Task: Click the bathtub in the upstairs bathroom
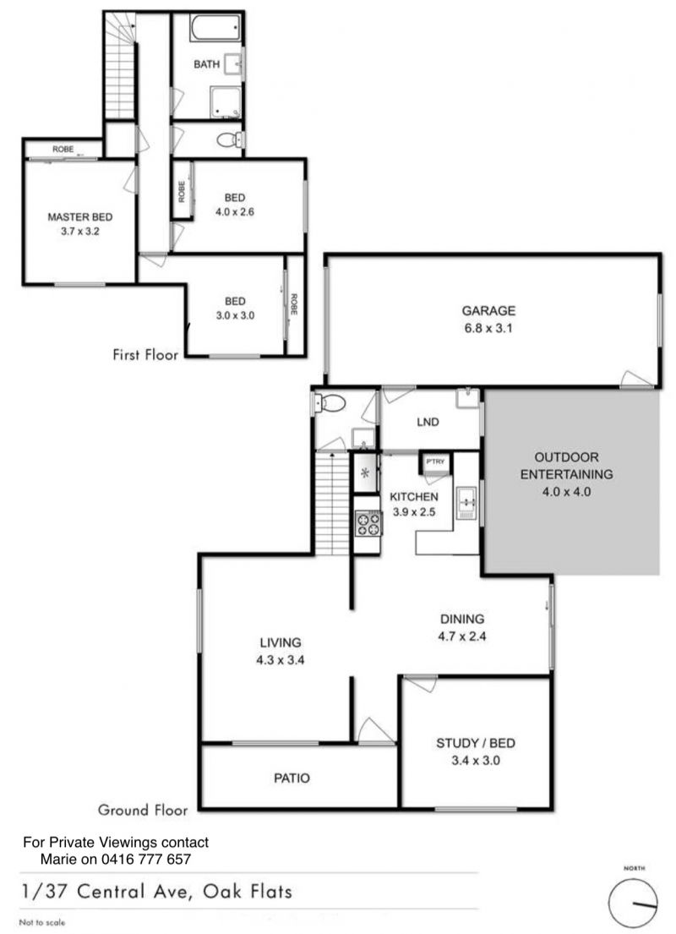pyautogui.click(x=215, y=28)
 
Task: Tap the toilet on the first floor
pyautogui.click(x=229, y=140)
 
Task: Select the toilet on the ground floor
pyautogui.click(x=330, y=405)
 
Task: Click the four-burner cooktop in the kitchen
pyautogui.click(x=368, y=524)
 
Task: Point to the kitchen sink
pyautogui.click(x=466, y=503)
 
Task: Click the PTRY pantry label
pyautogui.click(x=435, y=462)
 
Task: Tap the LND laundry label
pyautogui.click(x=428, y=422)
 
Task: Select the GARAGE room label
pyautogui.click(x=488, y=310)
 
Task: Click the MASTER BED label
pyautogui.click(x=79, y=217)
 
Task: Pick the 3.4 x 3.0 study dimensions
pyautogui.click(x=475, y=760)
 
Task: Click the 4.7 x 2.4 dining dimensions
pyautogui.click(x=462, y=636)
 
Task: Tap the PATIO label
pyautogui.click(x=292, y=778)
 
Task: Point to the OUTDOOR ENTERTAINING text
pyautogui.click(x=566, y=466)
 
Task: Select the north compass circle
pyautogui.click(x=633, y=903)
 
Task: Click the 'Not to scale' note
pyautogui.click(x=42, y=922)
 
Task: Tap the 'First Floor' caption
pyautogui.click(x=145, y=354)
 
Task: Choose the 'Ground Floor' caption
pyautogui.click(x=143, y=810)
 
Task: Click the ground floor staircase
pyautogui.click(x=331, y=503)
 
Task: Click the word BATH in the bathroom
pyautogui.click(x=207, y=63)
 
